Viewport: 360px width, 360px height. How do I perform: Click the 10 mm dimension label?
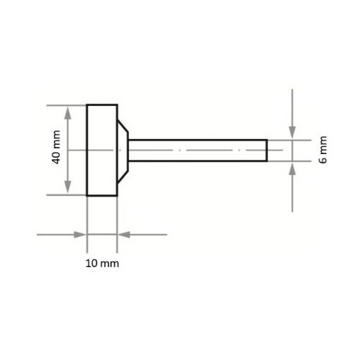pos(102,264)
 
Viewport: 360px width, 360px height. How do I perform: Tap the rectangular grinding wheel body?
pos(102,150)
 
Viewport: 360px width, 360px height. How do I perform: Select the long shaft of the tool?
pos(198,150)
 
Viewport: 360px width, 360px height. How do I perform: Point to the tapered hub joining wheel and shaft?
pos(123,150)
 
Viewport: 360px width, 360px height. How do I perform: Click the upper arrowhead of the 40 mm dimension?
pos(68,109)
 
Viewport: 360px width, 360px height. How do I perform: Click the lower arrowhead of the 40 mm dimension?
pos(68,190)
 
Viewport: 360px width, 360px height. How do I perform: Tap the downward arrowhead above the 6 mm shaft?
pos(292,134)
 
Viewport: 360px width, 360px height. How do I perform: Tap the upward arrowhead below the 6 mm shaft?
pos(292,166)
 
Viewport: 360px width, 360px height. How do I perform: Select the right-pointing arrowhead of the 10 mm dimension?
pos(81,234)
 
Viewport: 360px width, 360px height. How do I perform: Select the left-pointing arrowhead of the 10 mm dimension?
pos(122,234)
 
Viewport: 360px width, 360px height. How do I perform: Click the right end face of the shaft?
pos(267,150)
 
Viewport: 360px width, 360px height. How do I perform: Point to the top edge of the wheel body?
pos(102,105)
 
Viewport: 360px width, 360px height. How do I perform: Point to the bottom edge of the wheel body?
pos(102,195)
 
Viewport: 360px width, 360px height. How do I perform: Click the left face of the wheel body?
pos(87,166)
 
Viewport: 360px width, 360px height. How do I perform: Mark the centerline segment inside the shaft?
pos(216,150)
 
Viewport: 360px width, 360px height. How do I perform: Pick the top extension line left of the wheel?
pos(65,105)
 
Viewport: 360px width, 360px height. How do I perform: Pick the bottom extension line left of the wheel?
pos(65,195)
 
